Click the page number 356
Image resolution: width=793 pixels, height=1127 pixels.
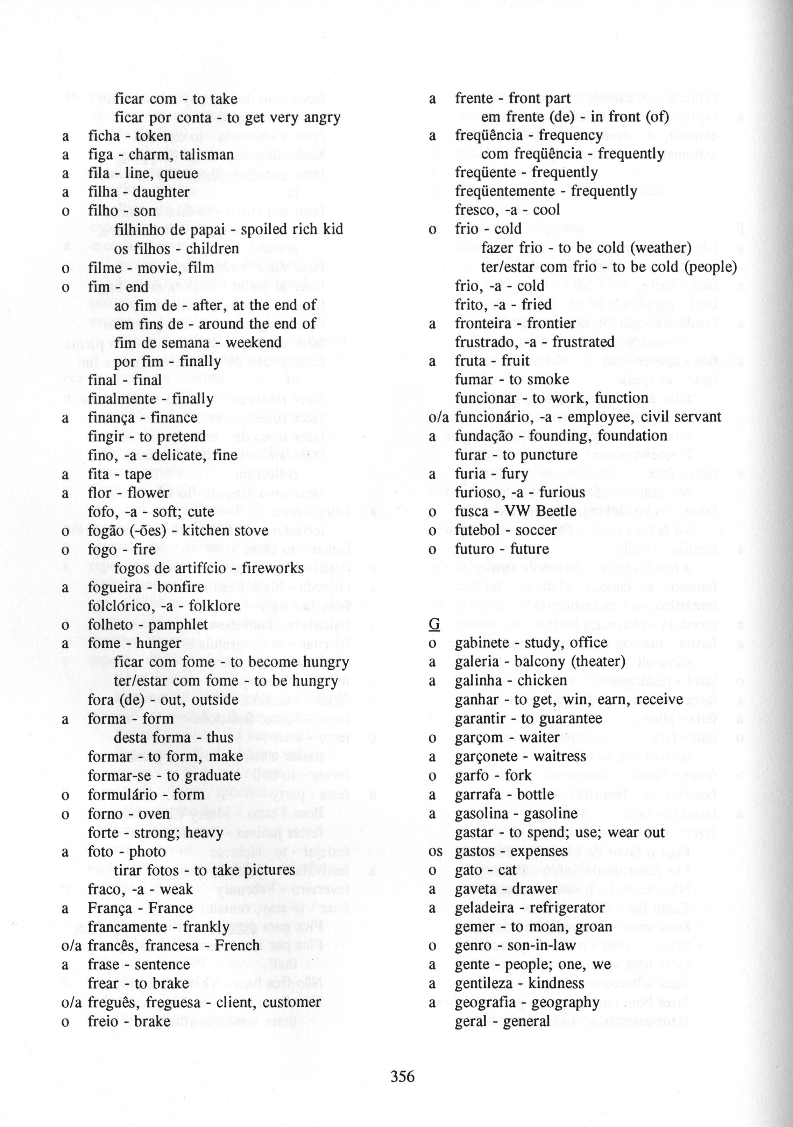tap(402, 1077)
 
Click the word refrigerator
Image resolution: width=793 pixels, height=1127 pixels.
tap(566, 908)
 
